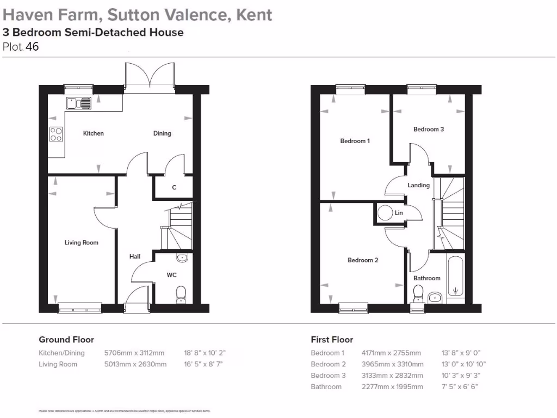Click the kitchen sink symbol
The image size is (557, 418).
78,103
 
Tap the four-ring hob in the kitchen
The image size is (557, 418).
56,134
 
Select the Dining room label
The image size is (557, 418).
162,133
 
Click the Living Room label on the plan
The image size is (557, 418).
82,243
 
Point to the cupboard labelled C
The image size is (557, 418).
174,188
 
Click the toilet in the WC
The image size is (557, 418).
181,294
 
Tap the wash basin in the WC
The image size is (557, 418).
182,258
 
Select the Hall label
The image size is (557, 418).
134,256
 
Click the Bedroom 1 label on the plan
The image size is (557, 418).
355,141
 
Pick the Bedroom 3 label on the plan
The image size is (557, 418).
429,130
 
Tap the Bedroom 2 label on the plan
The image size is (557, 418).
363,260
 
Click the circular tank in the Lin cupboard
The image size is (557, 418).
386,213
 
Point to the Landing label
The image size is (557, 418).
419,185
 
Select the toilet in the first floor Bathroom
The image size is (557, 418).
418,294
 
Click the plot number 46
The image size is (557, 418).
32,47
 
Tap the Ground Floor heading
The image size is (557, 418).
66,340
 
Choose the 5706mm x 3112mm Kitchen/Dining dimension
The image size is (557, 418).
134,353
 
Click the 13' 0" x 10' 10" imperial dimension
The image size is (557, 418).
463,364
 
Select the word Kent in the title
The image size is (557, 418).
254,14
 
